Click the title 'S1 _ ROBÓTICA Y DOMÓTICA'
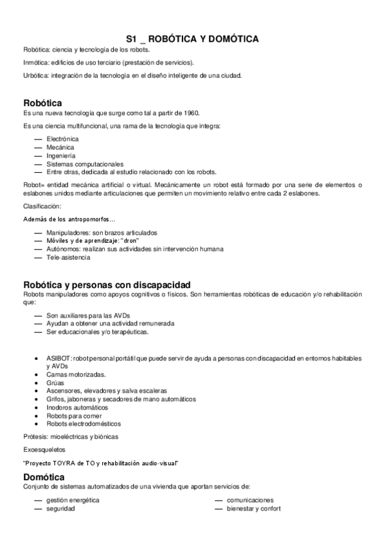[x=192, y=39]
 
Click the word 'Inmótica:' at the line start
[x=35, y=62]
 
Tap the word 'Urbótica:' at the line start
[x=35, y=75]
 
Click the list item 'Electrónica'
[x=62, y=138]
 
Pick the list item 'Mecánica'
[x=60, y=147]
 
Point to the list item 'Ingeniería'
[x=60, y=155]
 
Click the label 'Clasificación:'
[x=42, y=206]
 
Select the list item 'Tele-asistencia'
[x=68, y=257]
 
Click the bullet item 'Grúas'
[x=55, y=382]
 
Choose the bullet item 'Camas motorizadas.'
[x=76, y=373]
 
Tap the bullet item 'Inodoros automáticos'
[x=77, y=407]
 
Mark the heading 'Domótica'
[x=44, y=477]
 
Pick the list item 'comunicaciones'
[x=250, y=499]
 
